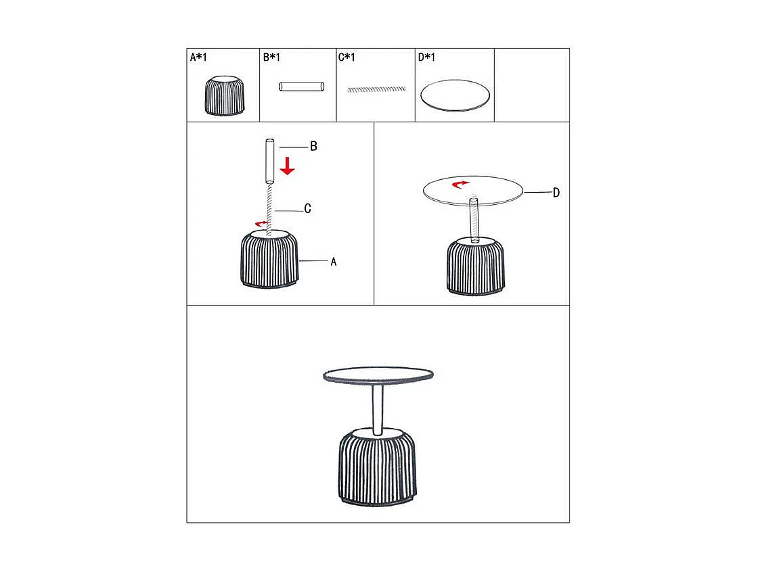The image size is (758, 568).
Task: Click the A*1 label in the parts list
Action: (198, 57)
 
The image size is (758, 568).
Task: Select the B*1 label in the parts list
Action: (271, 57)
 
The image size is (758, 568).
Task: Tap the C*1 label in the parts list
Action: (347, 57)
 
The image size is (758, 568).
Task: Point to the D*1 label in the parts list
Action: (426, 57)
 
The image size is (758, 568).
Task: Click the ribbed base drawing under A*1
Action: (224, 95)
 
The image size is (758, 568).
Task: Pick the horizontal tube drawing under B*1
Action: (302, 87)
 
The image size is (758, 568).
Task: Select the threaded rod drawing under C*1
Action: (376, 89)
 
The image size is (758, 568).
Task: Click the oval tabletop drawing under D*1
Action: (455, 95)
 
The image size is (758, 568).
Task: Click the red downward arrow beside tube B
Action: (288, 166)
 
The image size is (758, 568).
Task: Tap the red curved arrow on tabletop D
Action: (460, 184)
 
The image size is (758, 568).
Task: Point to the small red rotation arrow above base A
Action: (261, 223)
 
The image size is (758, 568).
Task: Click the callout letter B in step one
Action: (314, 146)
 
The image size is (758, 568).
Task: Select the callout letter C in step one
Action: (307, 209)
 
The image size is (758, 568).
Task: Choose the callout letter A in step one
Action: (334, 262)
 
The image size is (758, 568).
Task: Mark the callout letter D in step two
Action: (556, 193)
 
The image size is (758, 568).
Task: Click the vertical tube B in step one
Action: (270, 162)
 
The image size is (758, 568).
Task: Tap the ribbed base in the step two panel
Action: (475, 266)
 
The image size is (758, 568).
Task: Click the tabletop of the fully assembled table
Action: (378, 376)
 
